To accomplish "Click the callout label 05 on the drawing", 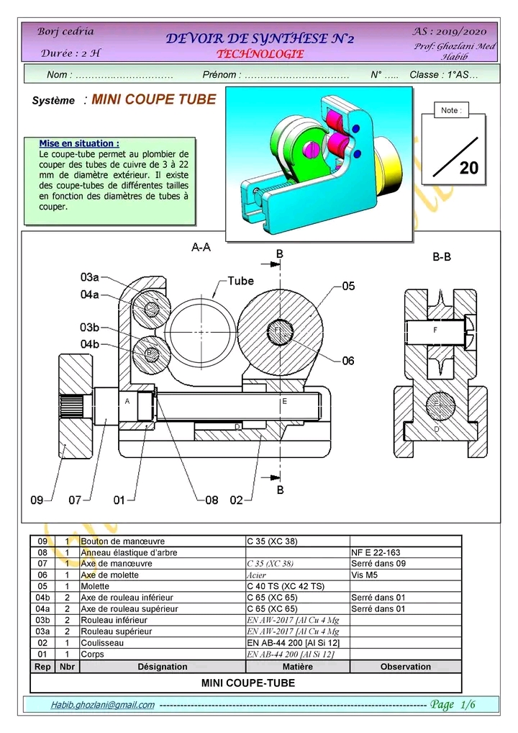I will tap(348, 287).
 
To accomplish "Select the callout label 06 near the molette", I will tap(348, 361).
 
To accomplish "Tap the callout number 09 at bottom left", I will tap(37, 499).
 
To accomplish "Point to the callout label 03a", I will tap(90, 276).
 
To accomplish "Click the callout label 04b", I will tap(90, 344).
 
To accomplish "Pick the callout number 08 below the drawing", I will tap(212, 499).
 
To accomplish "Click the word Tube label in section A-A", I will tap(240, 281).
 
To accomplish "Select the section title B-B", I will tap(442, 256).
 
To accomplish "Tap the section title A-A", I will tap(201, 247).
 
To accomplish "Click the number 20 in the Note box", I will tap(468, 168).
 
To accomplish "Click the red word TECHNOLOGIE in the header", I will tap(260, 54).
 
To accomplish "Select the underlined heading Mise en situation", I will tap(79, 144).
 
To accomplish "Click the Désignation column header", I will tap(162, 667).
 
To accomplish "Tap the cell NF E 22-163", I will tap(376, 553).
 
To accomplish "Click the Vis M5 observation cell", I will tap(368, 575).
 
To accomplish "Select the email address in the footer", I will tap(102, 705).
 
